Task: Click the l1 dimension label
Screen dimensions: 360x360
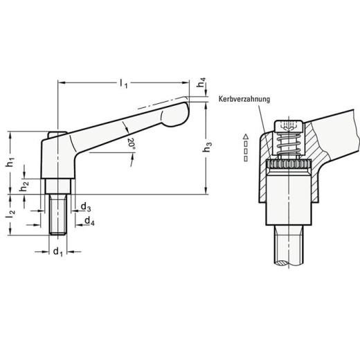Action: pyautogui.click(x=123, y=84)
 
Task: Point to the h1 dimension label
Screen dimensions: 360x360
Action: pyautogui.click(x=10, y=163)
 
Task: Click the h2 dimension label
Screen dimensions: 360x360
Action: pyautogui.click(x=24, y=185)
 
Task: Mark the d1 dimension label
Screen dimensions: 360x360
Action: pyautogui.click(x=57, y=251)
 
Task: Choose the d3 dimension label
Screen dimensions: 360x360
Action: pyautogui.click(x=84, y=207)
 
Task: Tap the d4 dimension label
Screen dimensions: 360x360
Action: pyautogui.click(x=89, y=222)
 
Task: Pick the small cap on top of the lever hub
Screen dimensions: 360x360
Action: pyautogui.click(x=56, y=134)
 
